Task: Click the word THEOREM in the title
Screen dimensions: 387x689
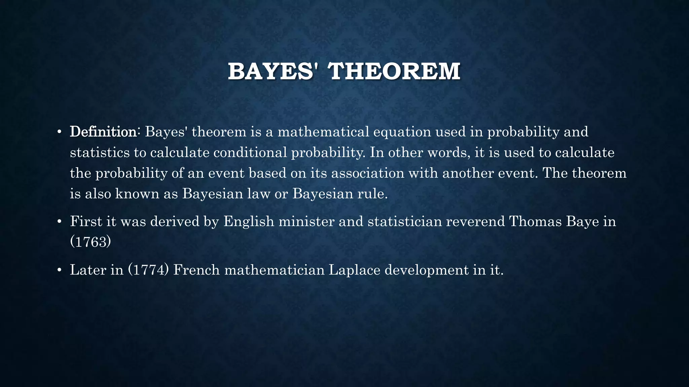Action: [x=394, y=71]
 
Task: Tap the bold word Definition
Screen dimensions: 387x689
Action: [x=103, y=132]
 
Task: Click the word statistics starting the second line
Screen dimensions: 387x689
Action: [x=100, y=153]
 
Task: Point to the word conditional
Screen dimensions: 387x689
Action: [x=250, y=153]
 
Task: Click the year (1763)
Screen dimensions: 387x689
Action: [x=90, y=242]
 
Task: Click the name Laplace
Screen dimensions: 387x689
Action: [x=354, y=270]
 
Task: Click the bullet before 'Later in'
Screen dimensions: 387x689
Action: [x=59, y=270]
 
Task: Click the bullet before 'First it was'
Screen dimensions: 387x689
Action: [x=59, y=222]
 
